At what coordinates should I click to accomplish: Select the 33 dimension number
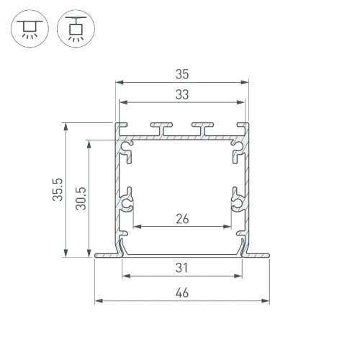click(x=181, y=94)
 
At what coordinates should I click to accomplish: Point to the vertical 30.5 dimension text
click(x=81, y=197)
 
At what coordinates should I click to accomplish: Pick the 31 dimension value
click(x=181, y=267)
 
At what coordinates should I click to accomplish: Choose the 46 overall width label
click(x=181, y=292)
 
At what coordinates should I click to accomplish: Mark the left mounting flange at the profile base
click(x=106, y=254)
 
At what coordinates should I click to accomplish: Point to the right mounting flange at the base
click(x=257, y=254)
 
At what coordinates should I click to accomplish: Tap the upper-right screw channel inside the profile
click(x=235, y=150)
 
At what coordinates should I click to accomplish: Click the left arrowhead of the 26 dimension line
click(x=136, y=226)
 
